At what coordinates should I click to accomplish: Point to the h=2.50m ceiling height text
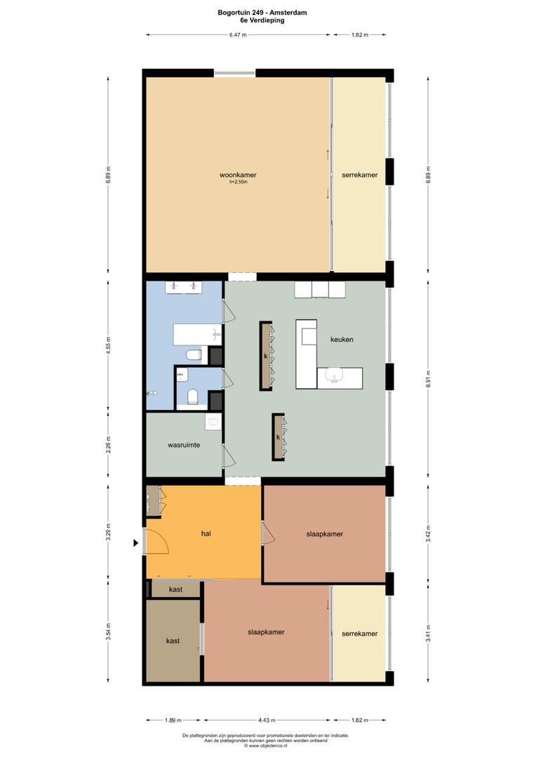point(239,182)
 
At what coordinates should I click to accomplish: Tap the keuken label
point(342,339)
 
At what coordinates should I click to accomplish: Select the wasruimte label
point(185,445)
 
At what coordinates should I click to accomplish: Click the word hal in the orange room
point(206,533)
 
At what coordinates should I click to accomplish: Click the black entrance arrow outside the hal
point(136,543)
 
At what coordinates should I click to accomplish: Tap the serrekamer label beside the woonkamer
point(359,175)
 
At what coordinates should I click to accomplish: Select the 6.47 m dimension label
point(238,34)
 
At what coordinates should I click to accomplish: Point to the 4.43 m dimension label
point(267,720)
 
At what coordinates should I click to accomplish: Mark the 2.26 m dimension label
point(108,446)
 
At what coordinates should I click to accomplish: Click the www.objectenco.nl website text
point(267,746)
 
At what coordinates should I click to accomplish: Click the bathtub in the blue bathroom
point(197,335)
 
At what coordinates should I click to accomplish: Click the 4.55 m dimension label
point(108,346)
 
